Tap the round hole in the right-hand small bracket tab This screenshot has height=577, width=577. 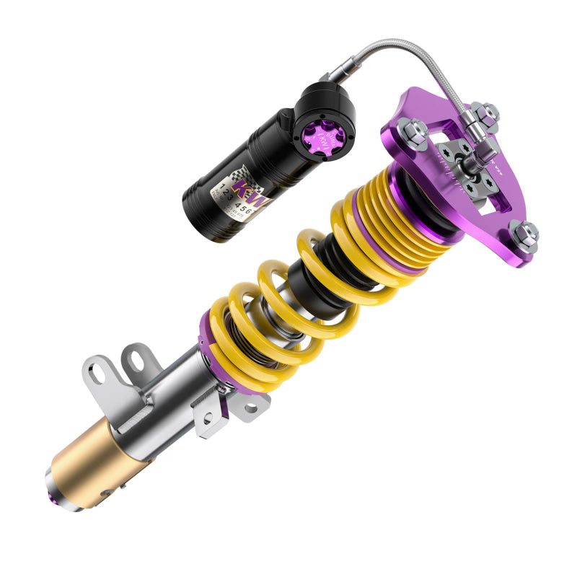[x=250, y=408]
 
